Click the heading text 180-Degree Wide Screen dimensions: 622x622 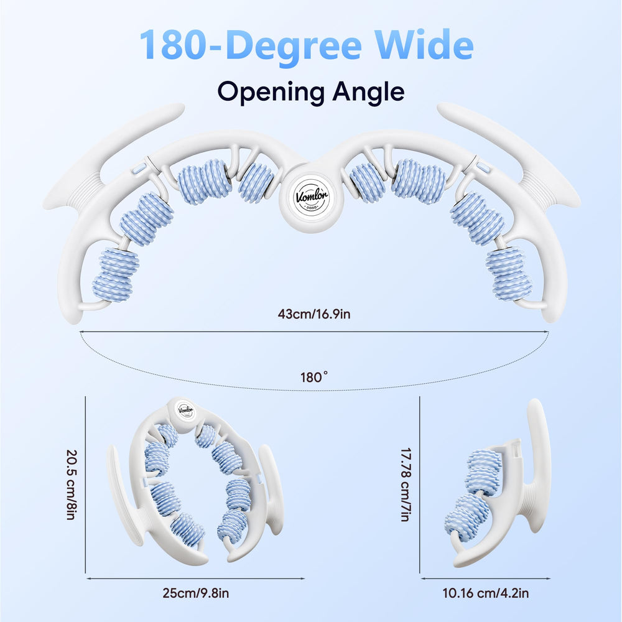tap(306, 45)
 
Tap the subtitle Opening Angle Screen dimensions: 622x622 tap(311, 93)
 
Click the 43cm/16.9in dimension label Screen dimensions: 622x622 tap(314, 314)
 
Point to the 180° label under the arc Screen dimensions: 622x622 tap(314, 377)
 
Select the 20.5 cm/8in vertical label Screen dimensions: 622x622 tap(72, 485)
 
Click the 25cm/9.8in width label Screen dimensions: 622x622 tap(195, 593)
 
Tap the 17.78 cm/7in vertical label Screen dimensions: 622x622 tap(406, 485)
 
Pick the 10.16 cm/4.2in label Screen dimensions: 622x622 tap(486, 593)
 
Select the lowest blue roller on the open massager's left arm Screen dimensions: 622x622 tap(116, 274)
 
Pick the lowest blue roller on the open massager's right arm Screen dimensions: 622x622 tap(509, 273)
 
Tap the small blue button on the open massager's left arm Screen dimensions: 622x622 tap(139, 169)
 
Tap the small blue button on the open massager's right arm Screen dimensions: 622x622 tap(483, 166)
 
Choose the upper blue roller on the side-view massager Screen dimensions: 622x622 tap(483, 472)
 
